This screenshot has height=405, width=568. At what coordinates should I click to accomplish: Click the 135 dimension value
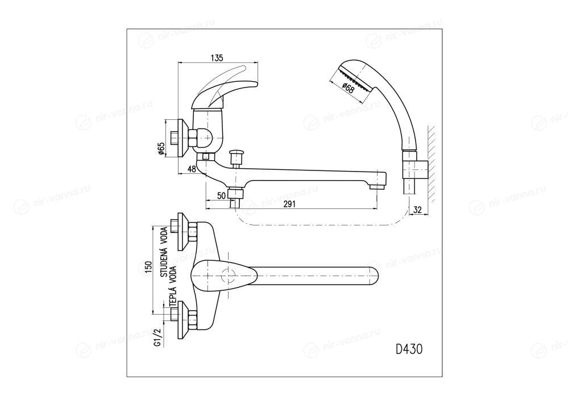click(216, 57)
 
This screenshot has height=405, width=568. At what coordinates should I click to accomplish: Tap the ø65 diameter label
click(161, 148)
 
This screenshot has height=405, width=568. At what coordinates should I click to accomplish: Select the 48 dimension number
click(192, 169)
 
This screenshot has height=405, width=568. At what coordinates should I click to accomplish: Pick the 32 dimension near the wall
click(417, 209)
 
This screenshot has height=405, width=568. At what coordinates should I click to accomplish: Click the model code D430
click(408, 349)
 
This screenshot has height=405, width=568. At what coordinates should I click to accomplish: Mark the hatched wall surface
click(432, 165)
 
